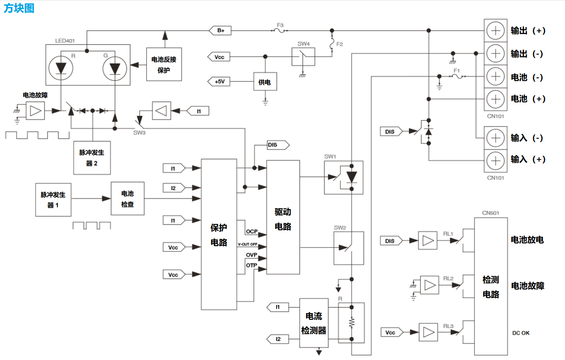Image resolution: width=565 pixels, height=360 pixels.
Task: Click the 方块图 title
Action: (19, 8)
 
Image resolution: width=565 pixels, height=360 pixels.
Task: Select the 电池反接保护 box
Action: (164, 64)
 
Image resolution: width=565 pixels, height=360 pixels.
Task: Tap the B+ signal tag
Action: (220, 31)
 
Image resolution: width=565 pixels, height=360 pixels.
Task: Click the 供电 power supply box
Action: (265, 82)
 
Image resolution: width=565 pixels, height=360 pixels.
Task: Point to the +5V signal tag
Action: (219, 82)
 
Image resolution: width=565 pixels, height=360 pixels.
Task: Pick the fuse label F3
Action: (280, 25)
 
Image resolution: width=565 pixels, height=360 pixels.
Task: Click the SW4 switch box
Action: (303, 57)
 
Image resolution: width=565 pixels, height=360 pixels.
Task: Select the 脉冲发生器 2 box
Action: (92, 158)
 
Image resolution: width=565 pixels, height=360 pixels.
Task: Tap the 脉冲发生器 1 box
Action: (53, 200)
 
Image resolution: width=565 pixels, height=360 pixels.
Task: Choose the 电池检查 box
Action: (127, 198)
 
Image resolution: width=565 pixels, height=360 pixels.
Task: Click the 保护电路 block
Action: (219, 234)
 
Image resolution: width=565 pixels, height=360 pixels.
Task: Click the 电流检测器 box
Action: (314, 323)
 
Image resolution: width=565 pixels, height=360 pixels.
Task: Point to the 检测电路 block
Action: (491, 286)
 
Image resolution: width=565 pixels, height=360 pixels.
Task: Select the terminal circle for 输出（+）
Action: (495, 31)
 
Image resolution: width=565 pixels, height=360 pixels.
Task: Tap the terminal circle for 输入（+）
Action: (495, 160)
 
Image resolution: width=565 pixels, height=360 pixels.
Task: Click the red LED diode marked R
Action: (61, 68)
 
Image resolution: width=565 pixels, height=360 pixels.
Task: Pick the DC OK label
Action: (520, 333)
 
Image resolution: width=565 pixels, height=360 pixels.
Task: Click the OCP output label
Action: (252, 231)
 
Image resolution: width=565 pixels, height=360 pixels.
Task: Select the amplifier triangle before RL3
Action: (428, 332)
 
